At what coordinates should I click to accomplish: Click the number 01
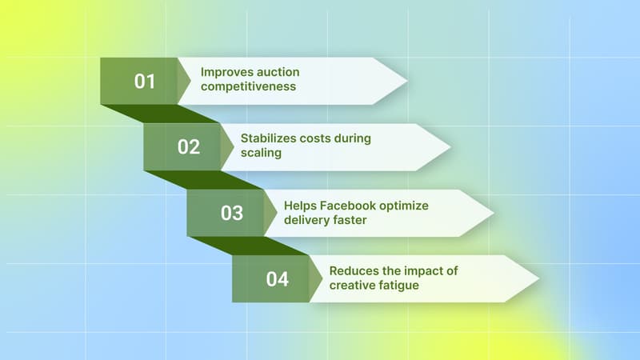[x=144, y=81]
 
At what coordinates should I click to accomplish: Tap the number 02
[x=189, y=147]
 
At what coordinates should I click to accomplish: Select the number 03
[x=232, y=213]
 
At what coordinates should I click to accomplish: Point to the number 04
[x=277, y=279]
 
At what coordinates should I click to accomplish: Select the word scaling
[x=262, y=153]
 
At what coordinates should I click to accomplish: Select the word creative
[x=352, y=286]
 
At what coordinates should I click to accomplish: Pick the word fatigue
[x=398, y=286]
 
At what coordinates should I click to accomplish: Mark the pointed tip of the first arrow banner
[x=406, y=80]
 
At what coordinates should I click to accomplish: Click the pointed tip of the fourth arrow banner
[x=538, y=278]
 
